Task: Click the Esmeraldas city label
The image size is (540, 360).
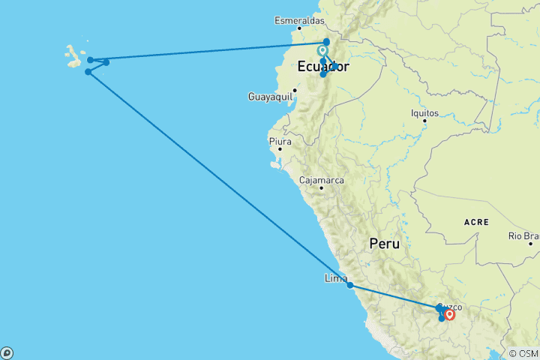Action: point(299,20)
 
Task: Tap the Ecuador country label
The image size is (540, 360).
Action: point(323,67)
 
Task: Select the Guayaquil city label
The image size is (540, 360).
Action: point(268,96)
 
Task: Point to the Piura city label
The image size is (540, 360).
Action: point(279,140)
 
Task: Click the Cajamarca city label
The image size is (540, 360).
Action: point(321,180)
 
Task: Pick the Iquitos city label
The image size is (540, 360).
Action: point(424,111)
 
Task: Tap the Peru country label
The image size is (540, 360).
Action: point(384,244)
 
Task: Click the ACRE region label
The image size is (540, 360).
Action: point(476,222)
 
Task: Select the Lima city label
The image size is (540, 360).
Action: point(334,277)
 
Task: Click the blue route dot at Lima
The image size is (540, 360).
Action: point(350,285)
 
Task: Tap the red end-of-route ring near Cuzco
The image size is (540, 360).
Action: point(449,314)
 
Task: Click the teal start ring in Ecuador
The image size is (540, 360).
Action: point(322,51)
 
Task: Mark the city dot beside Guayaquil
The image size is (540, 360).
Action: point(295,91)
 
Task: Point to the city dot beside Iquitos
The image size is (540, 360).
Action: point(424,120)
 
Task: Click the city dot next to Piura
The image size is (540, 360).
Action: point(280,148)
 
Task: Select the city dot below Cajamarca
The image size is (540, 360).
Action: point(321,188)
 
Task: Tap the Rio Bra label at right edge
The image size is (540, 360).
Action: point(523,236)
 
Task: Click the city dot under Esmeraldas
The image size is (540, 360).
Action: point(300,30)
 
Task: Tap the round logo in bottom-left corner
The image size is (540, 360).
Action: point(7,352)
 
